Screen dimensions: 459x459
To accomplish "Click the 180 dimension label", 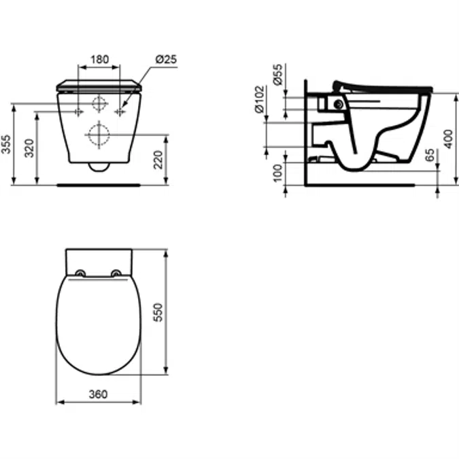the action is tap(99, 59).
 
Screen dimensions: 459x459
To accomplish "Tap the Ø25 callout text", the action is tap(166, 59).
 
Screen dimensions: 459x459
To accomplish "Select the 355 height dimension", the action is tap(6, 144).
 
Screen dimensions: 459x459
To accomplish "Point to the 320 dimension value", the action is tap(29, 148).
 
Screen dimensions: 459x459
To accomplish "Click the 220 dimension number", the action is tap(158, 160).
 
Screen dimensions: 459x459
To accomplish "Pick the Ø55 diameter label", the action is tap(278, 75).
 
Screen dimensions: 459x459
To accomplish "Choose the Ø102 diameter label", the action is tap(259, 99).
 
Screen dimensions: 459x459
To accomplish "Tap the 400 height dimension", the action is tap(448, 139).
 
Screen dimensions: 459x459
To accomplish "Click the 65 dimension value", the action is tap(430, 155).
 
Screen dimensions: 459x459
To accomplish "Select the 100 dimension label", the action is tap(277, 173).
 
